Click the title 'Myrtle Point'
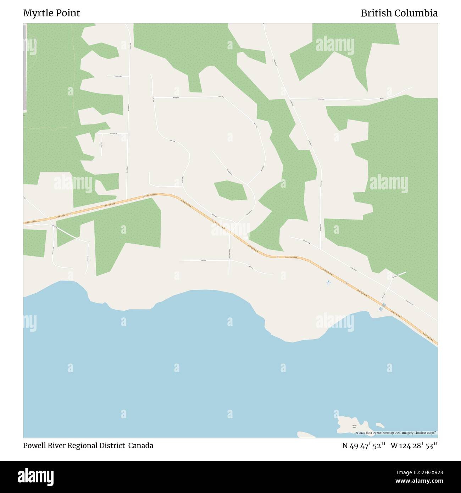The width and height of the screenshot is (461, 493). pos(51,13)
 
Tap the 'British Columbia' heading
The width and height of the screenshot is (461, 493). pos(399,13)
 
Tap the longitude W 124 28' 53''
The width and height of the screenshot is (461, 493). pos(414,445)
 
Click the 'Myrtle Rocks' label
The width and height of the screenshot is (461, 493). pos(354,426)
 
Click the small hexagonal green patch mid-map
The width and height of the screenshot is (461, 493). pos(230,190)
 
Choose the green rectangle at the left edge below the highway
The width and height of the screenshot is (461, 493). pos(35,243)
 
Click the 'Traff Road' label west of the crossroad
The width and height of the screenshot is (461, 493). pos(203,261)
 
